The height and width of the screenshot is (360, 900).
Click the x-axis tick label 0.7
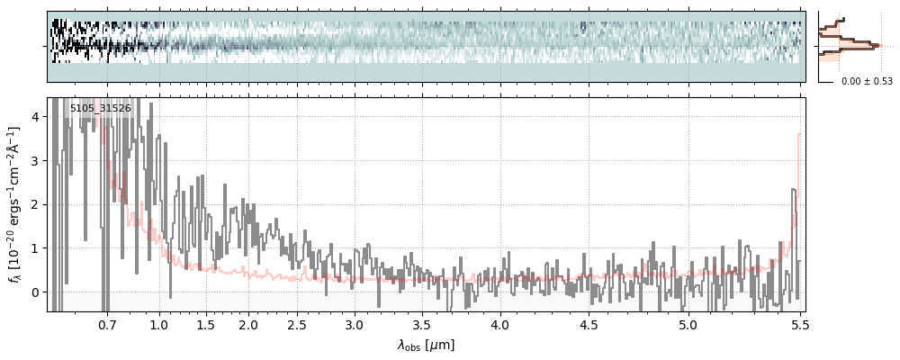[107, 324]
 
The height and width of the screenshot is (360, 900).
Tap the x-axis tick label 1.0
[159, 324]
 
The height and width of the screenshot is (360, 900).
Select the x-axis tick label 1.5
[205, 324]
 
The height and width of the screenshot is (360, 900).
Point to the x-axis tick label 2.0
[248, 324]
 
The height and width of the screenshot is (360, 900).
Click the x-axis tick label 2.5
[297, 324]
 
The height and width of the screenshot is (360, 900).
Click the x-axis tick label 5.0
[688, 324]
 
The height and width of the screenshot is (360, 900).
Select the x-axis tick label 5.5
[797, 324]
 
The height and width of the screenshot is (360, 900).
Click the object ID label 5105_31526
[101, 109]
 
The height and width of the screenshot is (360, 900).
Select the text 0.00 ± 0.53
[867, 82]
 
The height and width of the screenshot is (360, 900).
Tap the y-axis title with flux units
[15, 204]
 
